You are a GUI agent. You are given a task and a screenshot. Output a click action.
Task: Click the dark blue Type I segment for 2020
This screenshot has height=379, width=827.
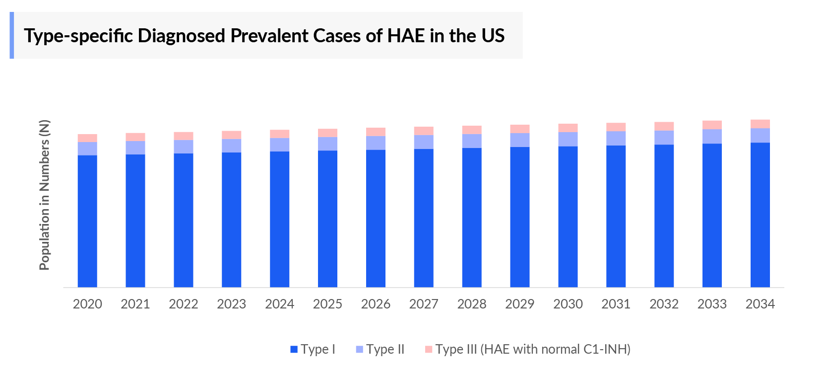(x=87, y=221)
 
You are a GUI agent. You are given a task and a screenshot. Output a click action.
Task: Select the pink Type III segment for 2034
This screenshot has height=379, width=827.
(x=760, y=124)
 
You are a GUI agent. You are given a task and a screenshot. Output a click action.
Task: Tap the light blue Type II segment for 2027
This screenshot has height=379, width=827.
(x=424, y=142)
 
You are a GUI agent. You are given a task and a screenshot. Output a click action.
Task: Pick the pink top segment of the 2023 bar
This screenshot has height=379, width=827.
(x=231, y=135)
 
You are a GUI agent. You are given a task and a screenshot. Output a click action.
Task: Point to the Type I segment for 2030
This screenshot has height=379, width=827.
(x=568, y=217)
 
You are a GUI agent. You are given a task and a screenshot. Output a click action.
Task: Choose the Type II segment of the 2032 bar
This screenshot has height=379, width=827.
(x=664, y=138)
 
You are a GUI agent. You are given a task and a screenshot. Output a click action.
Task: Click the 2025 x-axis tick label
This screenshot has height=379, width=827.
(x=327, y=304)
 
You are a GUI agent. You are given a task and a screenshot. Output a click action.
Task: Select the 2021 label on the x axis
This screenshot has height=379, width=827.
(x=135, y=304)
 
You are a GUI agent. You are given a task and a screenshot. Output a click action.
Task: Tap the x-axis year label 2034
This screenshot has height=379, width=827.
(x=760, y=304)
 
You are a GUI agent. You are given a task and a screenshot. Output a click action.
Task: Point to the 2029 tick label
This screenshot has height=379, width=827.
(x=519, y=304)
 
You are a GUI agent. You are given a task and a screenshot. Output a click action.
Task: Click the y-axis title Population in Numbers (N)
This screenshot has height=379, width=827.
(x=45, y=195)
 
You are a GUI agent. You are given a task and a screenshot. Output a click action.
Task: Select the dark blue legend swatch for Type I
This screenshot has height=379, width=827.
(x=294, y=349)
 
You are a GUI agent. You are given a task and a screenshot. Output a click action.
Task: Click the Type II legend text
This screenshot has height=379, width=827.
(x=385, y=349)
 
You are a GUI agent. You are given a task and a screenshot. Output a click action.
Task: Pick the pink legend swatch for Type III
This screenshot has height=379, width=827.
(x=429, y=349)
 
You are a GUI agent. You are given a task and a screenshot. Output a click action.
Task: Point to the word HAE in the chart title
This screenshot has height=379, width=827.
(x=406, y=36)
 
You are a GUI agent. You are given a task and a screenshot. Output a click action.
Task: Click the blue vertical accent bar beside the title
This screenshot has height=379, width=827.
(x=12, y=35)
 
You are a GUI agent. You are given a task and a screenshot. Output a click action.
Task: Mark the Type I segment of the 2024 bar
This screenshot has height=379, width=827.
(x=279, y=219)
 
